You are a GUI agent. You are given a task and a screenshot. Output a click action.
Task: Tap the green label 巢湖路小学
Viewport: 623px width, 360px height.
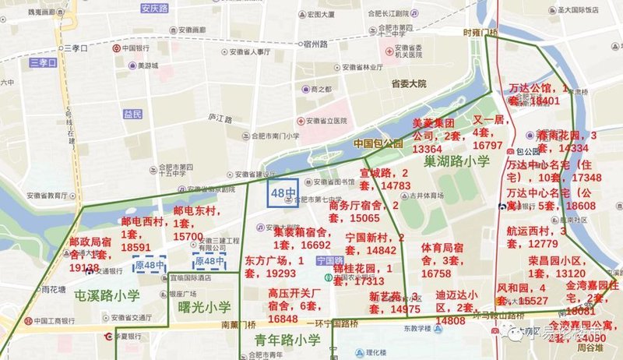tap(457, 161)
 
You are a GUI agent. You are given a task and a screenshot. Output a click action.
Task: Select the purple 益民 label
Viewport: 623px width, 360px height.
tap(133, 115)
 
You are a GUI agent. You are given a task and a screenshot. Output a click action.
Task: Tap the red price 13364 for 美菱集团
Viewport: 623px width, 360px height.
tap(428, 148)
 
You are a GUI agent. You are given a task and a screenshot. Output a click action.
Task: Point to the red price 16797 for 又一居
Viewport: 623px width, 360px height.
tap(487, 145)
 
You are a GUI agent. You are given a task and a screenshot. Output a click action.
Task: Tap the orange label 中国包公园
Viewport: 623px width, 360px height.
tap(378, 143)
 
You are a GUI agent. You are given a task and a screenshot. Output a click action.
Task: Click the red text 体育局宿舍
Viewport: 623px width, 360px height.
tap(446, 247)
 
